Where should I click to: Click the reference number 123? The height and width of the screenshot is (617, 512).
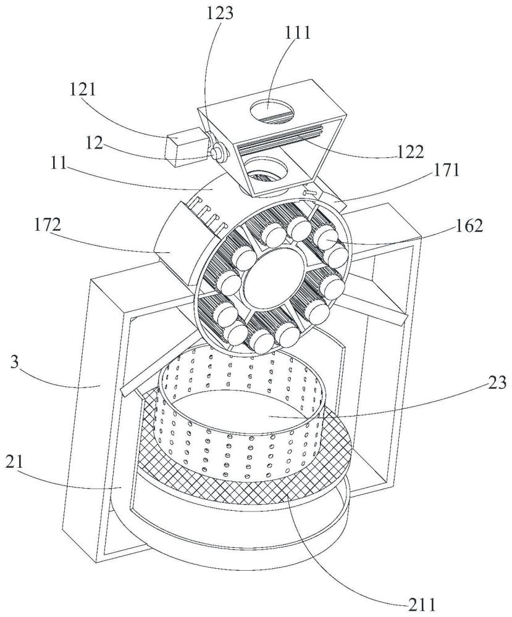(x=220, y=14)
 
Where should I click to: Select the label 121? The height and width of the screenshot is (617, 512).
(x=83, y=89)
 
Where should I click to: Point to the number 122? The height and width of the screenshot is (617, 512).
(x=409, y=151)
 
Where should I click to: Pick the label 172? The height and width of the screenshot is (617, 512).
(x=47, y=225)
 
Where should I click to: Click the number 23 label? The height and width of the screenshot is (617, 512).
(x=497, y=382)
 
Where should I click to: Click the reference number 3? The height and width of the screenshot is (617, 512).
(x=15, y=362)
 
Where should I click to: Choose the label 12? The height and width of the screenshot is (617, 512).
(x=95, y=144)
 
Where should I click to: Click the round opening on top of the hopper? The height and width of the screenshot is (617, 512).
(x=272, y=110)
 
